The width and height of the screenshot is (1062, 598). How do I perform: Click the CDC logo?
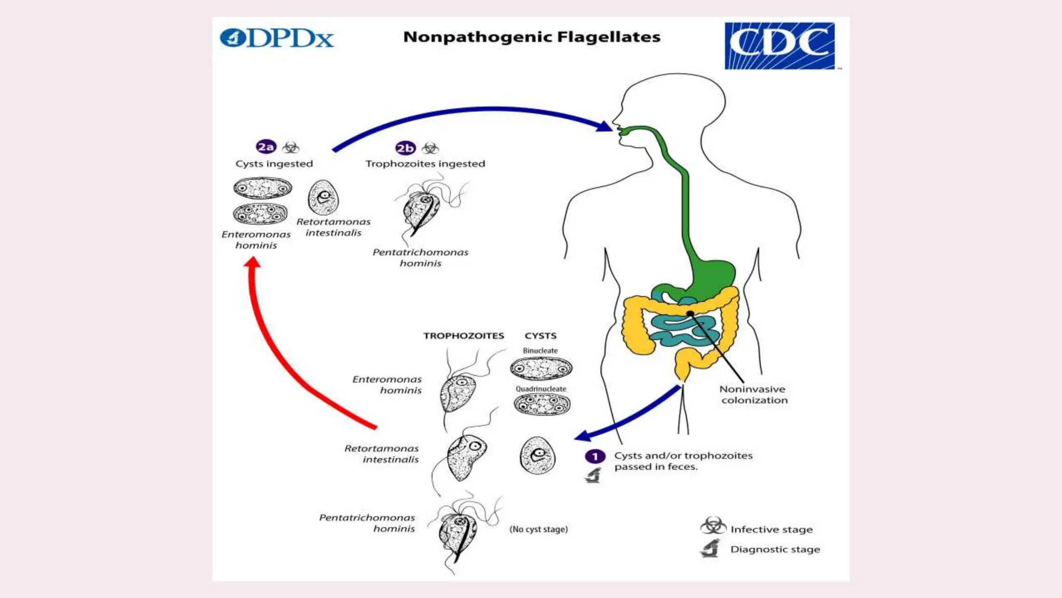coord(779,46)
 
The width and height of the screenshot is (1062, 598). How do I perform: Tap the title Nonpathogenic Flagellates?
coord(532,37)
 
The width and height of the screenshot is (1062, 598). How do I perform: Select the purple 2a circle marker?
coord(266,147)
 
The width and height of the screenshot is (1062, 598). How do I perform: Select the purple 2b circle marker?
coord(405,148)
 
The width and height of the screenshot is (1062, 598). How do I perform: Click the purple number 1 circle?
coord(595,456)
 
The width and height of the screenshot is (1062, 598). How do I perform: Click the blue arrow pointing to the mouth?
coord(467,110)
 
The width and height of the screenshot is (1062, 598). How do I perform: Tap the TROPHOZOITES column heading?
coord(463,336)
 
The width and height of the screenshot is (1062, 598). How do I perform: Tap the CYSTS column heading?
coord(540,336)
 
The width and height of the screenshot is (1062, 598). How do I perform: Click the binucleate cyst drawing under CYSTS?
coord(541,369)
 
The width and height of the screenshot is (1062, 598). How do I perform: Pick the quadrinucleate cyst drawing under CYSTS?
coord(542,404)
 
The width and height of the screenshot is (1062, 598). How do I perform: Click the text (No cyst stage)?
coord(538,529)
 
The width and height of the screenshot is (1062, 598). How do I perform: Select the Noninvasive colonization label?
coord(753,395)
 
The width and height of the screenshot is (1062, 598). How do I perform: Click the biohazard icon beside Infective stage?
coord(712,526)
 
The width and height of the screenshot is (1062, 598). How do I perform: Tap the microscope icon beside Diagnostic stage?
coord(710,548)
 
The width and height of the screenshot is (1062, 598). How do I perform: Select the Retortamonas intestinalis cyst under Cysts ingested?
coord(323,198)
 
